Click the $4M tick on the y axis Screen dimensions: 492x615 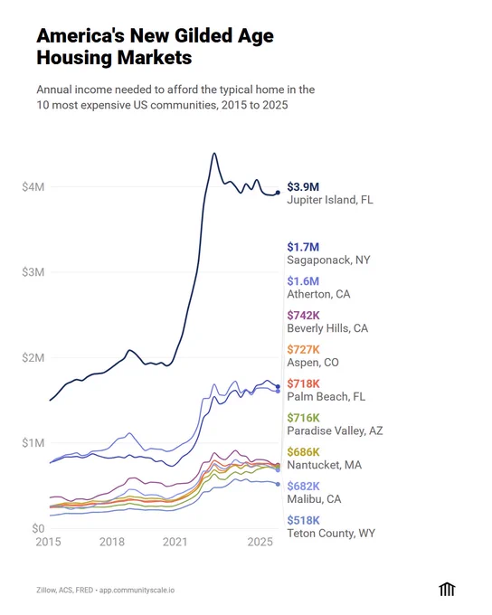[x=33, y=186]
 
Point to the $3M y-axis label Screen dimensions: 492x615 [x=33, y=272]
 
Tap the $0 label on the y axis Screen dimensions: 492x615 [x=38, y=529]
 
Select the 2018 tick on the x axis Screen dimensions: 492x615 [x=112, y=542]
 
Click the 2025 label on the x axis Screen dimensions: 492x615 [x=260, y=542]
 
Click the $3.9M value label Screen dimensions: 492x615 [x=303, y=186]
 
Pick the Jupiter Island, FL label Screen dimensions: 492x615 [x=330, y=200]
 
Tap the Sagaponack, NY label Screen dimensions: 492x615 [x=329, y=260]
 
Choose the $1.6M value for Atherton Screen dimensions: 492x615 [x=303, y=281]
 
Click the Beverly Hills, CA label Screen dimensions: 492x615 [x=327, y=328]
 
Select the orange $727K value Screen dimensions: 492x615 [x=303, y=349]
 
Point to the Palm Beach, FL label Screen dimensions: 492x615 [x=326, y=396]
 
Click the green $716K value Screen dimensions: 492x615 [x=303, y=418]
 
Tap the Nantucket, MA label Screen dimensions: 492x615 [x=325, y=465]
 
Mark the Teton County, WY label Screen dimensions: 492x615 [x=331, y=534]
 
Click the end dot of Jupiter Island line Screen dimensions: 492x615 [x=278, y=193]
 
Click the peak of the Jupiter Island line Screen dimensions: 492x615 [x=214, y=154]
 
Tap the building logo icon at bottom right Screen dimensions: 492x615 [x=447, y=590]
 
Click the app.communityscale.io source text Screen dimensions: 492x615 [x=137, y=591]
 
